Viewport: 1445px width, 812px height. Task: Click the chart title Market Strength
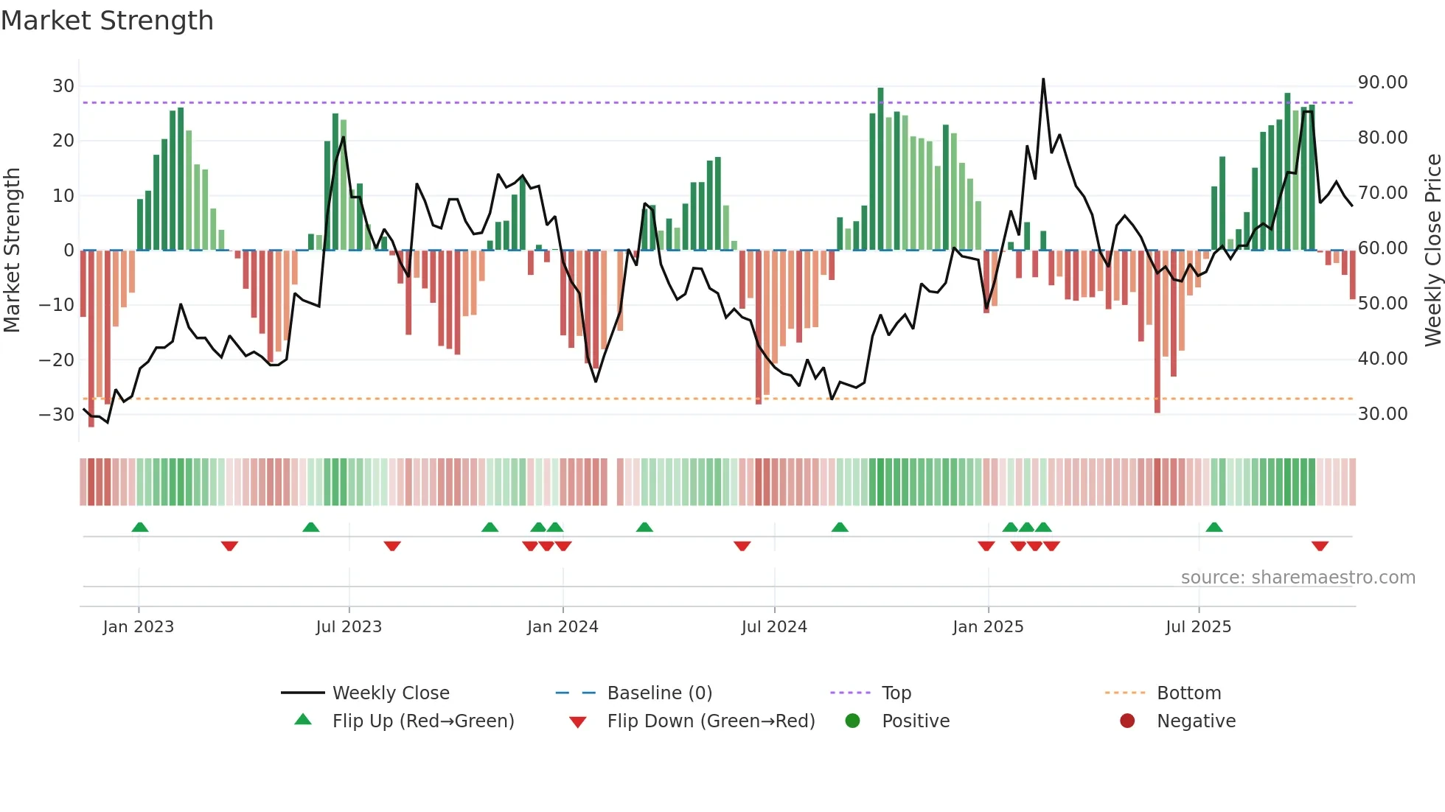[x=107, y=21]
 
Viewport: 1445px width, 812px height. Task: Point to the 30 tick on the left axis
[x=63, y=86]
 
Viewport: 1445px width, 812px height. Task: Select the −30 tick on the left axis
[x=57, y=415]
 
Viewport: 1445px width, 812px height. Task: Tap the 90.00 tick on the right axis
[x=1382, y=83]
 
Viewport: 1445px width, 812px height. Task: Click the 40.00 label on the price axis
[x=1382, y=359]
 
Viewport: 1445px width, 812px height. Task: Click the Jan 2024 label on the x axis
[x=563, y=627]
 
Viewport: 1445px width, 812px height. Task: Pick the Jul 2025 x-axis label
[x=1198, y=627]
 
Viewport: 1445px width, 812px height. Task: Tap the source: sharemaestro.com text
[x=1298, y=578]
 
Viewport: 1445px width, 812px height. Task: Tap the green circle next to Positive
[x=853, y=721]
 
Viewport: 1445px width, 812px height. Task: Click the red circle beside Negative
[x=1127, y=721]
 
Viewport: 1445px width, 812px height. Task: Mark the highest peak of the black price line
[x=1043, y=80]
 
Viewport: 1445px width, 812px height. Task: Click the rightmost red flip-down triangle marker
[x=1320, y=546]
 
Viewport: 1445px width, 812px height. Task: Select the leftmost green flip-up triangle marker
[x=140, y=527]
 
